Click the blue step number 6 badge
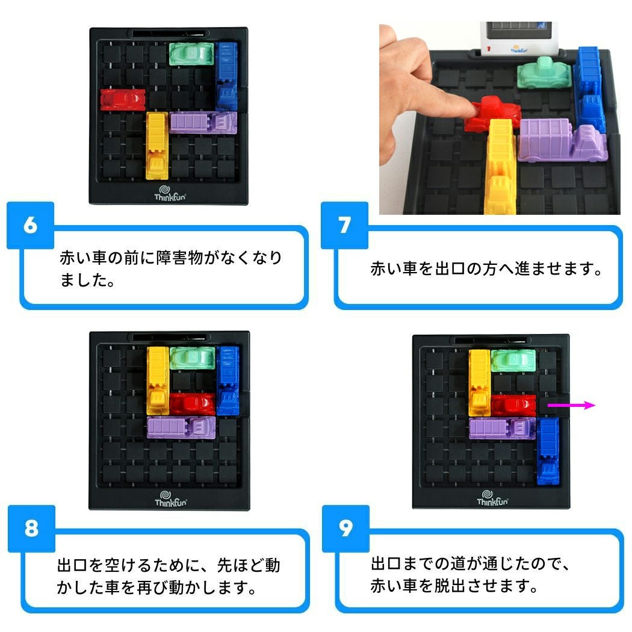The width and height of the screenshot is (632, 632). coord(31,225)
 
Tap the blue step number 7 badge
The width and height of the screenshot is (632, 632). coord(345,225)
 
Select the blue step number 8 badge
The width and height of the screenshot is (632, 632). coord(31,528)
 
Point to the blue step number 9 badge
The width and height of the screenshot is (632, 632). coord(346,528)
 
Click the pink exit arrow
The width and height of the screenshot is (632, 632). coord(571,406)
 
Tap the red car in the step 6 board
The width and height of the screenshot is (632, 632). coord(123,99)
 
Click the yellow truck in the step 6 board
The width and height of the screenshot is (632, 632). coord(157,146)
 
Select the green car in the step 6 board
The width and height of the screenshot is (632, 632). coord(191,54)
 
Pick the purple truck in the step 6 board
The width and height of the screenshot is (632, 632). coord(203,123)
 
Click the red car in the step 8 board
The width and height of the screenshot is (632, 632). coord(193,404)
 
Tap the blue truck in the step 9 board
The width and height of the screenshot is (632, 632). coord(548,451)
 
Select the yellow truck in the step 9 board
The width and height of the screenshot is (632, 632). coord(480,382)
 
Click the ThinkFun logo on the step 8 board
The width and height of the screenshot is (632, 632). coord(171,499)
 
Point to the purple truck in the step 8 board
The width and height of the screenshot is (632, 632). coord(181,427)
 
